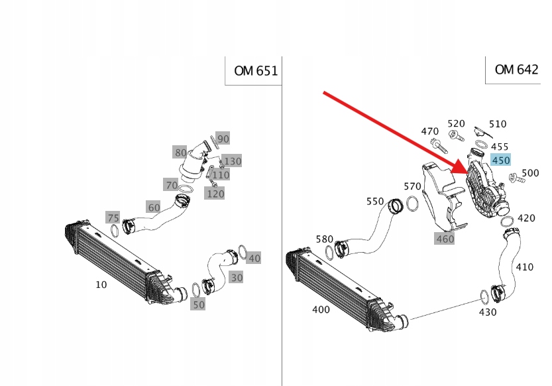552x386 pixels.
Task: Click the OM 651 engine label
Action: point(256,71)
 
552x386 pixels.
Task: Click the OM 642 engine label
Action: point(516,70)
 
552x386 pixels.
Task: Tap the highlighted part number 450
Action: point(500,161)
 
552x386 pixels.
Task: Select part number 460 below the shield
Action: point(445,238)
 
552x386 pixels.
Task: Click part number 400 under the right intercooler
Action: point(321,309)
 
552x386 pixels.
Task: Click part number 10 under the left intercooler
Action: point(101,285)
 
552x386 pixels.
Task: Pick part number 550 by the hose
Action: point(375,201)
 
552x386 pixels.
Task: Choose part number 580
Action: point(325,239)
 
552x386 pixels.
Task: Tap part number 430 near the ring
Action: point(487,312)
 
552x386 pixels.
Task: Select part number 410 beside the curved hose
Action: point(524,267)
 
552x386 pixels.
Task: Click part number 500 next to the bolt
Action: point(530,173)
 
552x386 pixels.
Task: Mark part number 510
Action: point(498,124)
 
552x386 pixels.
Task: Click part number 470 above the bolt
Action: point(430,131)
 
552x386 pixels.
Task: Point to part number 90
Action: point(223,139)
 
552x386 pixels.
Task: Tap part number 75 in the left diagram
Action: point(113,218)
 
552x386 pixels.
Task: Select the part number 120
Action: point(215,194)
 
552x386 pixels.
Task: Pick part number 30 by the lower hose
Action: point(237,277)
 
